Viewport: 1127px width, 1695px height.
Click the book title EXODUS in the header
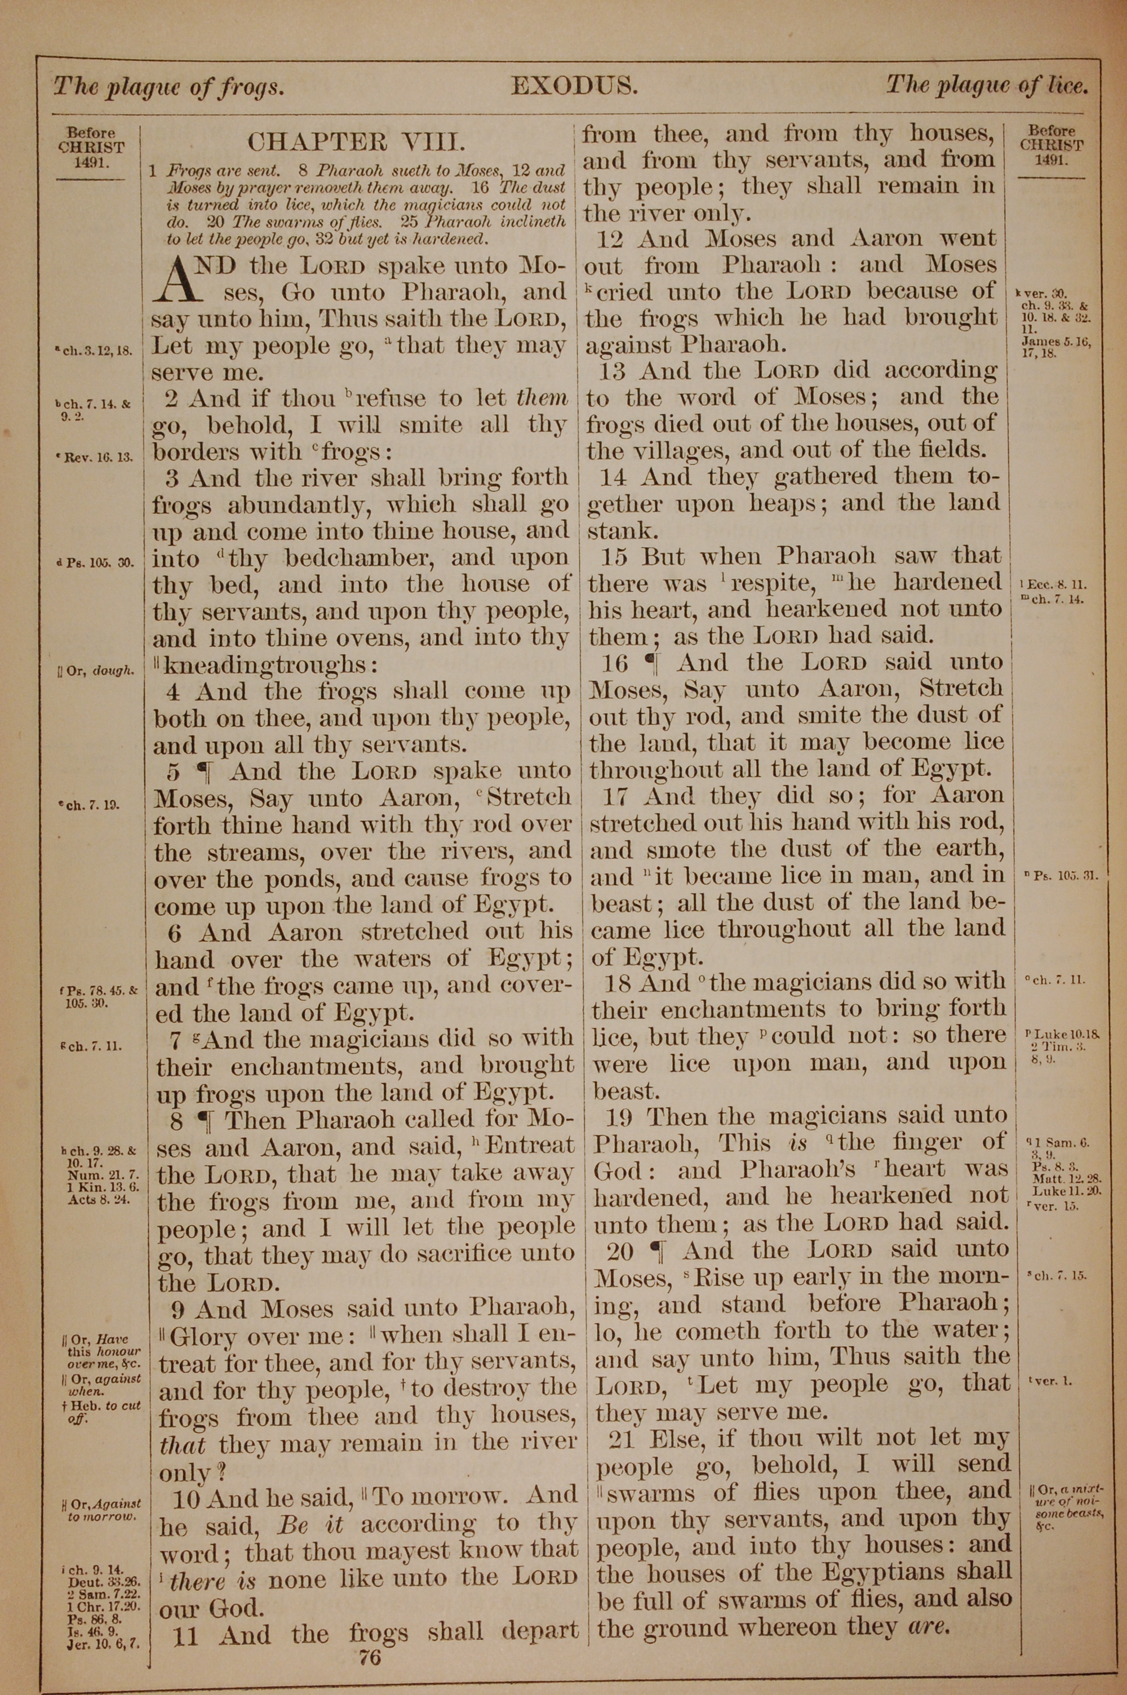tap(574, 87)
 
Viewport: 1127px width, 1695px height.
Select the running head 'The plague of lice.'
tap(987, 86)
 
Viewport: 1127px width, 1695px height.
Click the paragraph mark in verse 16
tap(653, 663)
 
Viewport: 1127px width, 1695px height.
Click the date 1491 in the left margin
tap(91, 162)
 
